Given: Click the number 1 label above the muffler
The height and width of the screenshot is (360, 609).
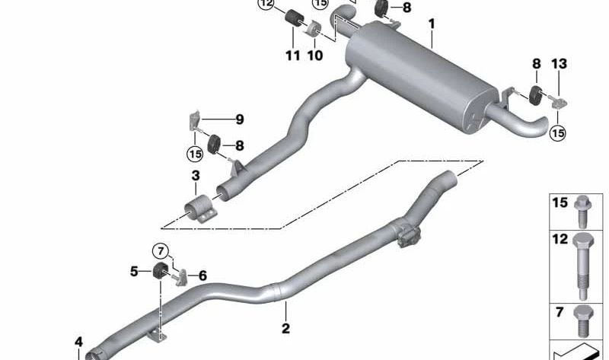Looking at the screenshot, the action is click(x=432, y=24).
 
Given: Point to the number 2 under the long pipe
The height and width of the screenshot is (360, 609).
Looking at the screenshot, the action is click(x=285, y=329).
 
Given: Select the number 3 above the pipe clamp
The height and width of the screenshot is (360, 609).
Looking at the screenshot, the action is click(x=196, y=176).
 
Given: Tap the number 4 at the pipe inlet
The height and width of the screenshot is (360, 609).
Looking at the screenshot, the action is click(x=79, y=342).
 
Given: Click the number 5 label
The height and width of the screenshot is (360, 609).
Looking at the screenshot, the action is click(x=134, y=271).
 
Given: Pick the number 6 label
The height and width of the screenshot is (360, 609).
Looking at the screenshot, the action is click(x=202, y=276).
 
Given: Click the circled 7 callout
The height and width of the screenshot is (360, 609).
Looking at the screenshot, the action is click(x=161, y=251).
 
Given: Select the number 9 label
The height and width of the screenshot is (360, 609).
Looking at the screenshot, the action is click(x=240, y=119).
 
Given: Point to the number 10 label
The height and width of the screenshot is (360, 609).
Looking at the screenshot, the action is click(x=315, y=56).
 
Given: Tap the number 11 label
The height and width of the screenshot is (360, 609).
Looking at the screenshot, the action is click(x=293, y=56).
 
